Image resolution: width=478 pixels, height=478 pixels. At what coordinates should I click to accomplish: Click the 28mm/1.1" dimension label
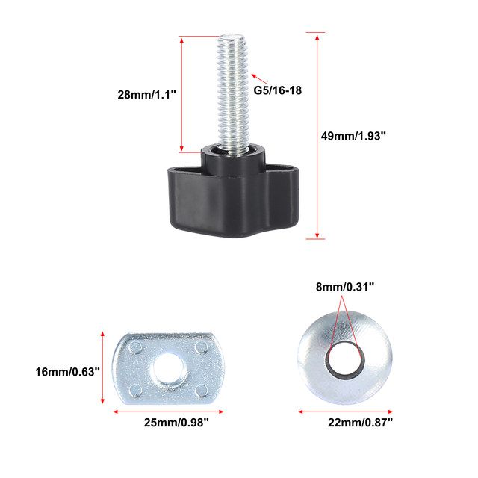pyautogui.click(x=147, y=95)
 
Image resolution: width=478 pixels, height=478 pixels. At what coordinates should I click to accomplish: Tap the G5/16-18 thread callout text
pyautogui.click(x=277, y=90)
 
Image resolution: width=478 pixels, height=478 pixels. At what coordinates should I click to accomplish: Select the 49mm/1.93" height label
pyautogui.click(x=353, y=136)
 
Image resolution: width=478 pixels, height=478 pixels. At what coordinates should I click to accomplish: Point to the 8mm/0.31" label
pyautogui.click(x=345, y=287)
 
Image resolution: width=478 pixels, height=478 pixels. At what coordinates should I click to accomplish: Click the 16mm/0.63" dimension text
pyautogui.click(x=67, y=372)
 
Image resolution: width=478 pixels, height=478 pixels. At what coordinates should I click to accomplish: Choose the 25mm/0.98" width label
pyautogui.click(x=176, y=423)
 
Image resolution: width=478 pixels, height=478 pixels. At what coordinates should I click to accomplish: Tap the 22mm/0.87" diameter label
pyautogui.click(x=360, y=423)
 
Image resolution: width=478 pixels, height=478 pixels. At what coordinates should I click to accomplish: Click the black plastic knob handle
pyautogui.click(x=234, y=195)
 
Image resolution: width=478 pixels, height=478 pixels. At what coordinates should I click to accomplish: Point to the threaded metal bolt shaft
pyautogui.click(x=232, y=91)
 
